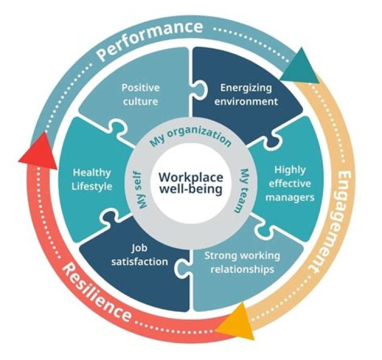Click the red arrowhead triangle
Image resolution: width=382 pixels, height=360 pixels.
40,153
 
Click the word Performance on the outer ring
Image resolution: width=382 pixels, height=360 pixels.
149,41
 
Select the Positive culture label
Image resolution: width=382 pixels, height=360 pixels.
141,94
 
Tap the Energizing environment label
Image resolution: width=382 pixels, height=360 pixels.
246,94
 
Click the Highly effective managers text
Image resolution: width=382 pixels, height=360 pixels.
290,183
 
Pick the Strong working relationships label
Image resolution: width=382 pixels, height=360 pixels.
242,262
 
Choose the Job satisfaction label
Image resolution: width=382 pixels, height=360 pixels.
140,254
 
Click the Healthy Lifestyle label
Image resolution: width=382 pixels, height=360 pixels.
92,180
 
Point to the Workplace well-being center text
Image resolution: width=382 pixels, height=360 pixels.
191,183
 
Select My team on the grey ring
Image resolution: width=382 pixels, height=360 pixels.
242,190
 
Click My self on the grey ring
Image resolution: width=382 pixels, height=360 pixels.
141,190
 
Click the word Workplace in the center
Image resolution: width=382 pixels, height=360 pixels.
191,177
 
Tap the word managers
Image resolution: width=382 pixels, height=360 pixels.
290,197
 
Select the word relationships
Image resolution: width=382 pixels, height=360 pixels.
242,269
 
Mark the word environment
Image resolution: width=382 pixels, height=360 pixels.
246,101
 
